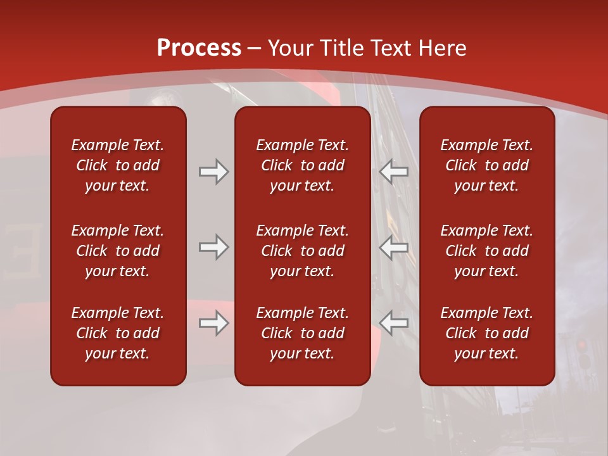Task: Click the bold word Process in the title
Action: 199,48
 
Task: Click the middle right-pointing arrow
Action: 213,247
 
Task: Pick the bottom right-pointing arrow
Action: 213,324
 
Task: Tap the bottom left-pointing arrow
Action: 394,324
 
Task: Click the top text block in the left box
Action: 118,165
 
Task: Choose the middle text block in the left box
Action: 118,251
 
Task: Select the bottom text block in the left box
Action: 118,333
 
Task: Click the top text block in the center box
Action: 302,165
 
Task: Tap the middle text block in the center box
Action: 302,251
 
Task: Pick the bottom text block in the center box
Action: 302,333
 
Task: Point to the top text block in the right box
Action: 486,165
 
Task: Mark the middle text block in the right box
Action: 486,251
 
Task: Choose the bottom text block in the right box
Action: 486,333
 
